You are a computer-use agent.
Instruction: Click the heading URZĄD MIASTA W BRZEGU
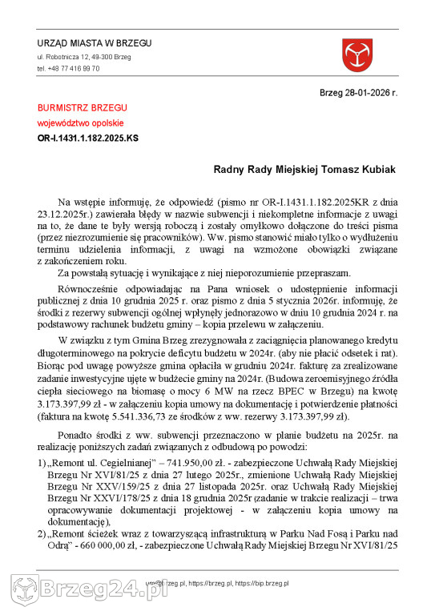(x=94, y=43)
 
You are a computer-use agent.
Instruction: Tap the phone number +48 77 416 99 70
(x=68, y=69)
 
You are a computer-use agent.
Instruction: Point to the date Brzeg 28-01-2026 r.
(x=358, y=93)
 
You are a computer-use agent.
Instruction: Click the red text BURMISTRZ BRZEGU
(x=82, y=107)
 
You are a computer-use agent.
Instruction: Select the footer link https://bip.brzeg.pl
(x=262, y=585)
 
